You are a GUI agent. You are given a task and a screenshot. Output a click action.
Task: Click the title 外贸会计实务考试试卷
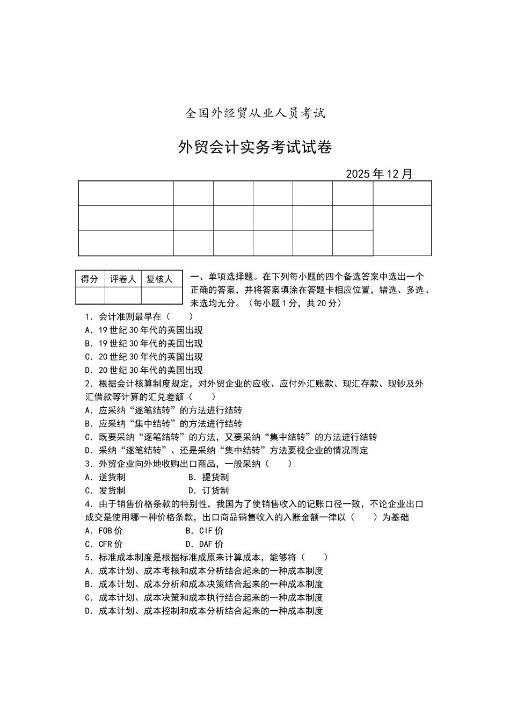point(254,147)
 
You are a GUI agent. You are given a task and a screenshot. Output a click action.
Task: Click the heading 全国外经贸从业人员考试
point(255,113)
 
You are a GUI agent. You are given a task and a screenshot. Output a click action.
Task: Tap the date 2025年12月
point(379,174)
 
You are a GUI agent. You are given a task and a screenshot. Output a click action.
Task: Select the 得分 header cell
point(90,279)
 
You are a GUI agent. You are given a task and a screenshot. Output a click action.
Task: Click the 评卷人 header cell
point(123,279)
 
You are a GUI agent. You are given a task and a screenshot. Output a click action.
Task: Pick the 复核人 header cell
point(159,279)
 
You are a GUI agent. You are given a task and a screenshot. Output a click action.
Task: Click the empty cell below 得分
point(90,295)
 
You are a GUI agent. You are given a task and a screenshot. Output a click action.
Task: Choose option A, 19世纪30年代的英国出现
point(144,330)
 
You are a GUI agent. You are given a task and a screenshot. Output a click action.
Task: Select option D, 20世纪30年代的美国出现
point(144,370)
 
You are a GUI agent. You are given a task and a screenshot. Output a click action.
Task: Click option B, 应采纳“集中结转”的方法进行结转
point(164,424)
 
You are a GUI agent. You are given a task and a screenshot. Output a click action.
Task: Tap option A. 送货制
point(105,477)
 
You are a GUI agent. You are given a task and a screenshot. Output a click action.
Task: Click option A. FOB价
point(104,531)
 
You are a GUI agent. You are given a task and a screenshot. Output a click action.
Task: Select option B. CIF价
point(205,531)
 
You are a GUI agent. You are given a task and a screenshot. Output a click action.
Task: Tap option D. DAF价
point(205,544)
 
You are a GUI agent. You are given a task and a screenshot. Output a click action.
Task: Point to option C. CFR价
point(104,544)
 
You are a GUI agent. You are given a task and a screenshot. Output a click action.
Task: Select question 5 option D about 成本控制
point(204,611)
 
